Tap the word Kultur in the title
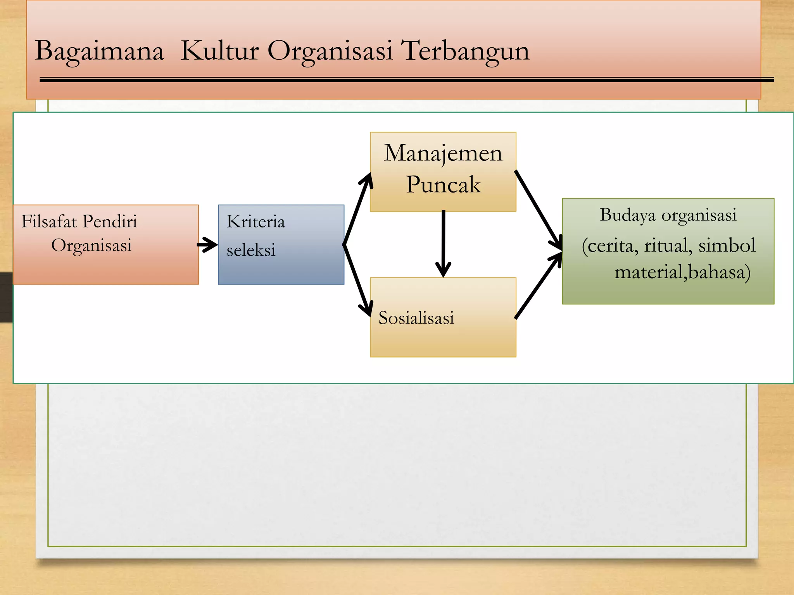click(x=219, y=51)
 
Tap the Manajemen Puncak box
click(x=443, y=172)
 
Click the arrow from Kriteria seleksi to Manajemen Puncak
click(x=357, y=209)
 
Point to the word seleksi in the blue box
click(x=251, y=250)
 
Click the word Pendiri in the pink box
click(x=110, y=222)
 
